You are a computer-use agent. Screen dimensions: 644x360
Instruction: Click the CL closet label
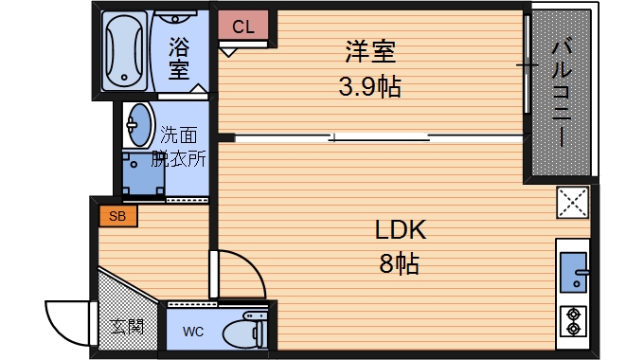243,27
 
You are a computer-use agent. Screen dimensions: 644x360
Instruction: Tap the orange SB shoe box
117,216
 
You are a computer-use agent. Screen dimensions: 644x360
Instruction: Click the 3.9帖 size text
370,87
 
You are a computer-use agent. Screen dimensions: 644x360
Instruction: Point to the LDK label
401,230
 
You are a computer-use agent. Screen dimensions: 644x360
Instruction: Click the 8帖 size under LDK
399,263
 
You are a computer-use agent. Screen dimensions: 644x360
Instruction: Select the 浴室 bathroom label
178,57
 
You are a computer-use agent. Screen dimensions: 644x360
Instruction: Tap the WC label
192,331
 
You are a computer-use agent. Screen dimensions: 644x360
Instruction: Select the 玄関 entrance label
128,327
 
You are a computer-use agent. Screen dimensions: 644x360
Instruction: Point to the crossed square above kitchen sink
572,202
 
